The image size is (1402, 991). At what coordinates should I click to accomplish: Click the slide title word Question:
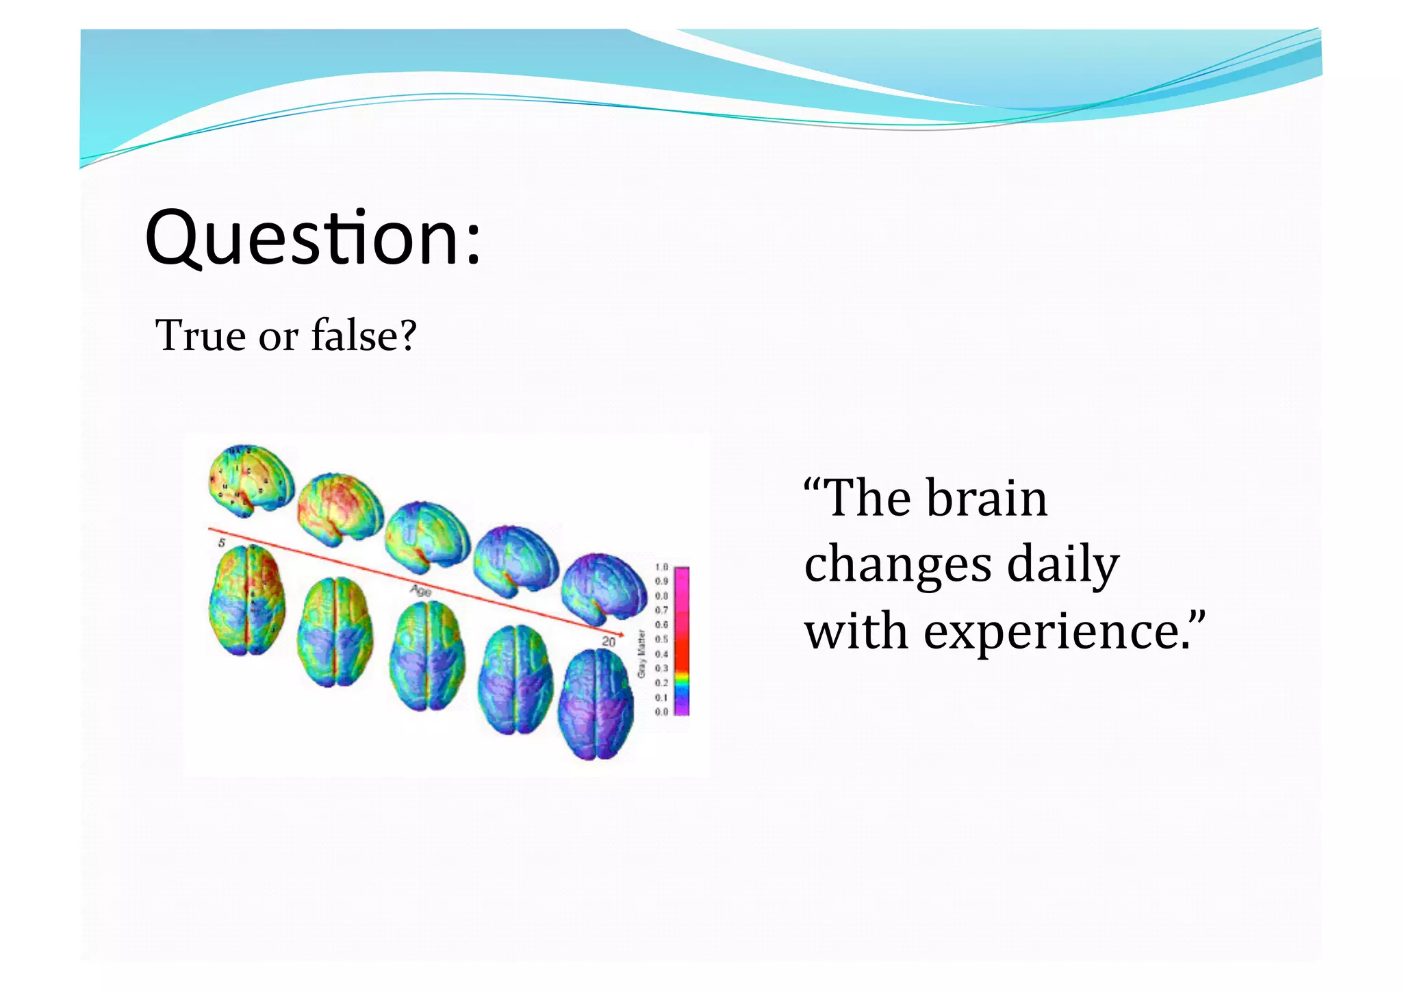coord(313,238)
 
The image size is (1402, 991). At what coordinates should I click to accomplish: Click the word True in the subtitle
coord(200,336)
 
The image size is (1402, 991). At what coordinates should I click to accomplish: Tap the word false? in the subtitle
coord(364,336)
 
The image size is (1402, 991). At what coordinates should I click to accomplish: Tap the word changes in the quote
coord(897,565)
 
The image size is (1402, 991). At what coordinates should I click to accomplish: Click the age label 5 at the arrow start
coord(222,543)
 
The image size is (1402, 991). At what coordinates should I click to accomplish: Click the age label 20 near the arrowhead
coord(609,642)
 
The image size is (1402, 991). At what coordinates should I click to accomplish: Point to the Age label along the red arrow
coord(420,590)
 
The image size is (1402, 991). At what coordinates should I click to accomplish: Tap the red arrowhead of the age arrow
coord(620,635)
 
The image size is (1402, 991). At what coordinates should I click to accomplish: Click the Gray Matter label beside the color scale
coord(641,654)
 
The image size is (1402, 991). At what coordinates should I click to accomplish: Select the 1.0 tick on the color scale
coord(661,567)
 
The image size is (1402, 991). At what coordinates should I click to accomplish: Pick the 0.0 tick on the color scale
coord(661,712)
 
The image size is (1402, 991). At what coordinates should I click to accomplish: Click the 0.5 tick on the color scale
coord(661,639)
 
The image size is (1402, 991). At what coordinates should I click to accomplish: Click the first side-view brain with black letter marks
coord(251,479)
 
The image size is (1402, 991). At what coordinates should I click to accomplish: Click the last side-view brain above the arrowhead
coord(603,588)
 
